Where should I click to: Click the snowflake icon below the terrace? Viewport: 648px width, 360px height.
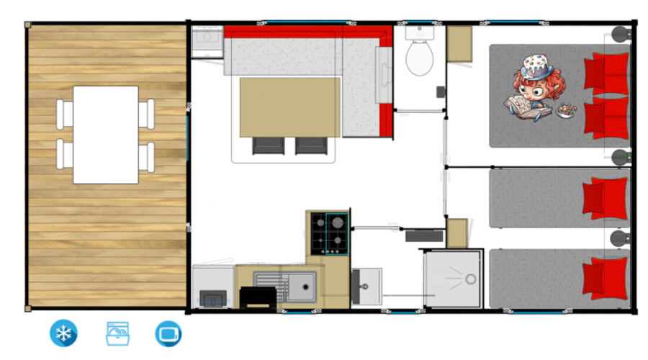63,333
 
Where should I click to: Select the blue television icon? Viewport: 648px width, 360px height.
168,333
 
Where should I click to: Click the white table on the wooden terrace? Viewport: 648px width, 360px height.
106,135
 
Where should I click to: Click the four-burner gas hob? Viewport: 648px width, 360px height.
329,233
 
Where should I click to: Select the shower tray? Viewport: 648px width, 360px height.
452,279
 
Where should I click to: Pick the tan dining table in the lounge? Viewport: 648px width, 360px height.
289,106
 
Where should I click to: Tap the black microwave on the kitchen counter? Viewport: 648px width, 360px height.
256,297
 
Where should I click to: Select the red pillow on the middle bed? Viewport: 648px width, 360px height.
603,197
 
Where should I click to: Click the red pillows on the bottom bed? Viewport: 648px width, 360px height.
603,277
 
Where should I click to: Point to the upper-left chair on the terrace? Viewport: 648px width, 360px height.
66,114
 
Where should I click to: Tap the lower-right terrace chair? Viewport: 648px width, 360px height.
147,156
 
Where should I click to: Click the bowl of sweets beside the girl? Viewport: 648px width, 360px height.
566,111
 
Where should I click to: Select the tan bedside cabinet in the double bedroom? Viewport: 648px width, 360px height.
459,45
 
